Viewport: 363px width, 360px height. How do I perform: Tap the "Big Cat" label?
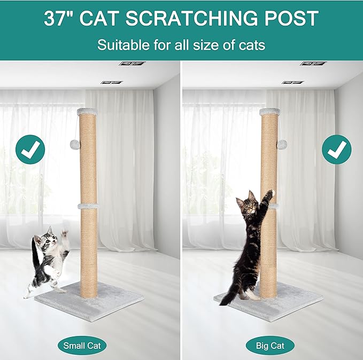coord(270,345)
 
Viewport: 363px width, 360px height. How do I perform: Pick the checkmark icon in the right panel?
coord(336,150)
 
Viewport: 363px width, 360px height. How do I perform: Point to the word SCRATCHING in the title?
coord(198,19)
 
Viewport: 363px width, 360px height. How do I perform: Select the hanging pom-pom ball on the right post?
coord(281,144)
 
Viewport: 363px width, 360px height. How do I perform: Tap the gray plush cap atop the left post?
coord(89,111)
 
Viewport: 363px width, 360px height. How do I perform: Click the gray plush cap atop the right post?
coord(269,111)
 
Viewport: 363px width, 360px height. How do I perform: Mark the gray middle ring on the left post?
coord(88,206)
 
